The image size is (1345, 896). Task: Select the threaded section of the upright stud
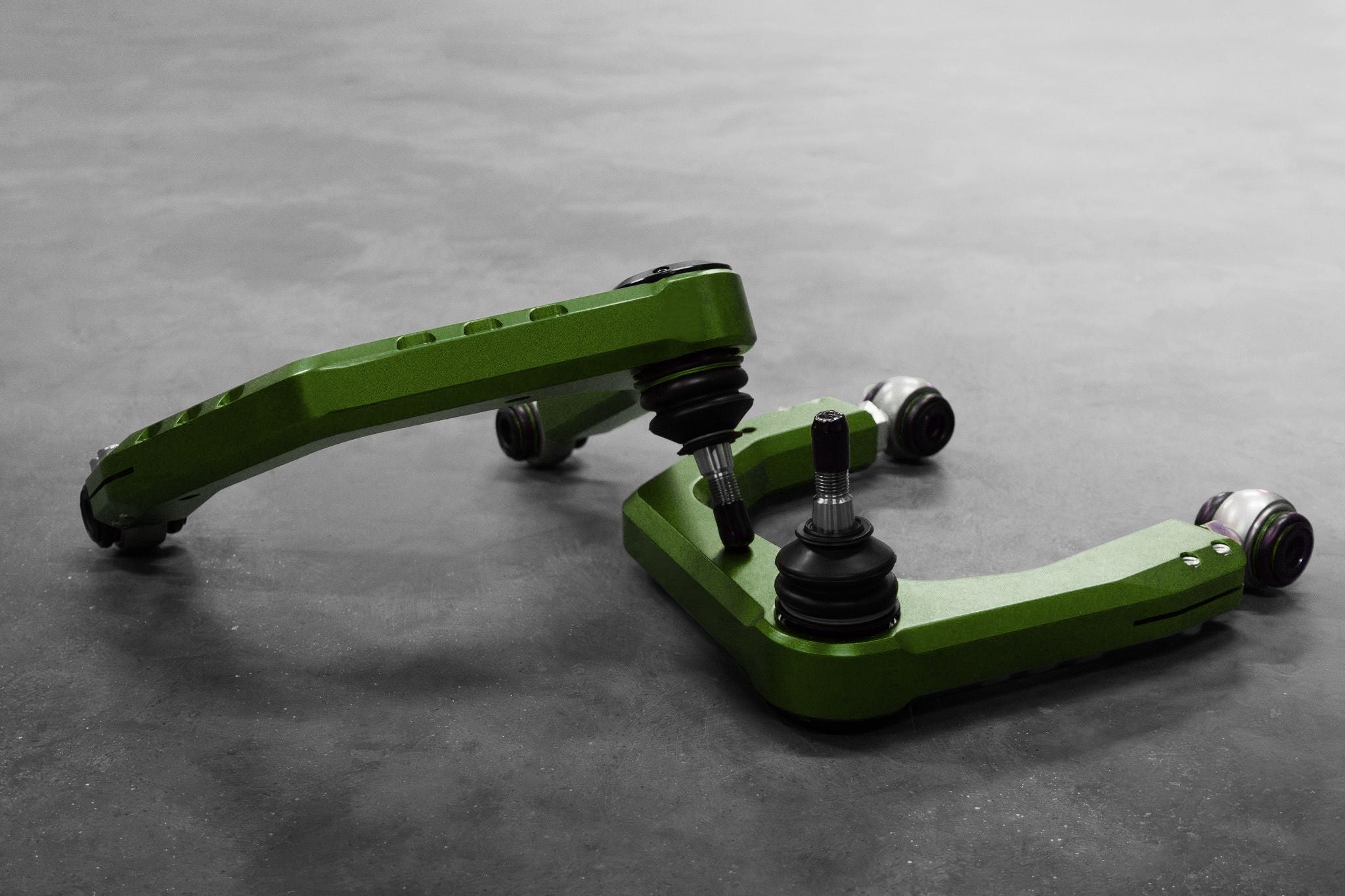829,482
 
